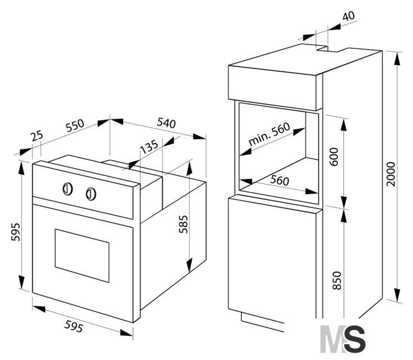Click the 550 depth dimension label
(x=75, y=125)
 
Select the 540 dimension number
(x=166, y=123)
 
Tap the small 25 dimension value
(x=37, y=136)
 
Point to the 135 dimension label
(x=149, y=146)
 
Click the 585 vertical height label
(x=183, y=224)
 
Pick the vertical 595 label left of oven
(x=16, y=232)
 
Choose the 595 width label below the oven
(x=74, y=326)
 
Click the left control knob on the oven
(x=68, y=189)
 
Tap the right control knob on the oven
(x=91, y=194)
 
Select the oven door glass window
(x=82, y=255)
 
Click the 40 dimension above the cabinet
(x=349, y=16)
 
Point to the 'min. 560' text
(x=269, y=134)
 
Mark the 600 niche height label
(x=334, y=157)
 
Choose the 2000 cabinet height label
(x=391, y=174)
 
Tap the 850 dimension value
(x=337, y=281)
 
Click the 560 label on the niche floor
(x=280, y=180)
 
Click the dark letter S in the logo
(x=354, y=339)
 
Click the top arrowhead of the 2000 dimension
(x=397, y=60)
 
